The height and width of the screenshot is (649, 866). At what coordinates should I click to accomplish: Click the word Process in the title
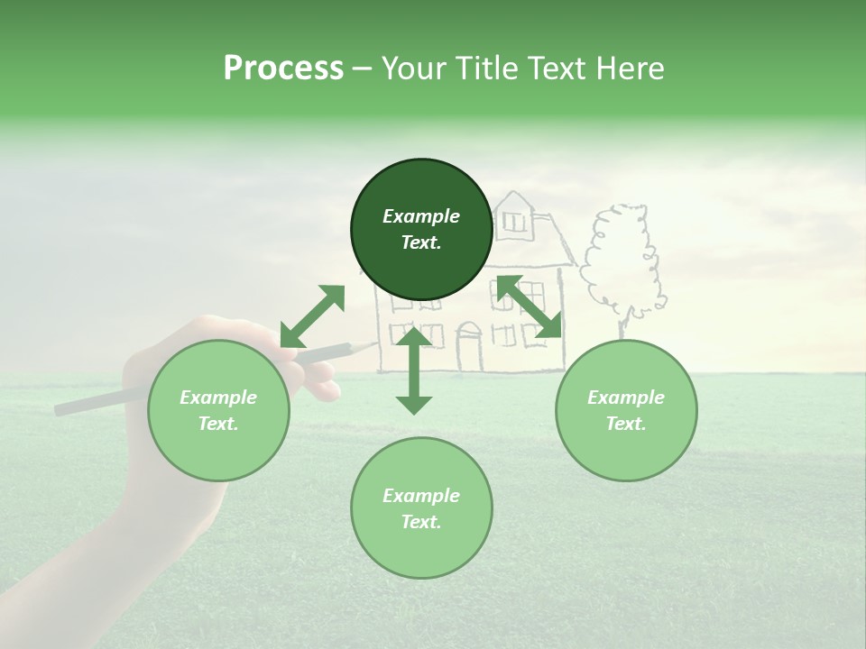(283, 68)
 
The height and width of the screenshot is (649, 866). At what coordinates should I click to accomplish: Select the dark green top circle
(421, 230)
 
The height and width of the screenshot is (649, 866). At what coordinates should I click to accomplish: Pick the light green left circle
(218, 410)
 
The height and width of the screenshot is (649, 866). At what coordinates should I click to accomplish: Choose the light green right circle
(626, 410)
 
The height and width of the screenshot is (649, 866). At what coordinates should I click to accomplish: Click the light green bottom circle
(421, 508)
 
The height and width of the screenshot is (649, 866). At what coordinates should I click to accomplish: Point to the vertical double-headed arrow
(414, 371)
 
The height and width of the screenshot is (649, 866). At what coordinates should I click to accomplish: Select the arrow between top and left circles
(312, 316)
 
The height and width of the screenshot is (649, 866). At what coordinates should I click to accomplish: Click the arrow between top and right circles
(529, 307)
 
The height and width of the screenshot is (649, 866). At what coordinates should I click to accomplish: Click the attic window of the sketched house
(514, 220)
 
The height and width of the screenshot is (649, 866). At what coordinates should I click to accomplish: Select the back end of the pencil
(58, 410)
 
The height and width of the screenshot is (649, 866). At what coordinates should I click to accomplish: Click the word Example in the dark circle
(421, 216)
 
